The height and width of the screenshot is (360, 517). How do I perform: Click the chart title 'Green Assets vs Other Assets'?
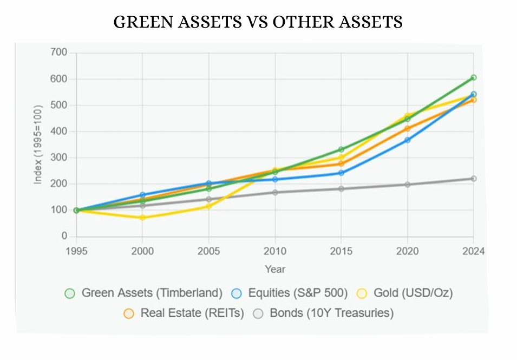point(258,22)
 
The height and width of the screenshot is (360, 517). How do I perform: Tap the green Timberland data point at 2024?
point(473,78)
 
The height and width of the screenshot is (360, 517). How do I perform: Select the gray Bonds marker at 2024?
point(473,179)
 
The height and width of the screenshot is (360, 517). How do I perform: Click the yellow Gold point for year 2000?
point(142,218)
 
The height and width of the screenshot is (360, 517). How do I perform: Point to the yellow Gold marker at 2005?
point(208,206)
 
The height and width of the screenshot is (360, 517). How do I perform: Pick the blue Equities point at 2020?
point(407,140)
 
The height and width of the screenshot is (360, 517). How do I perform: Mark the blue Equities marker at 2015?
point(341,173)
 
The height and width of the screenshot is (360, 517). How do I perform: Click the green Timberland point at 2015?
point(341,149)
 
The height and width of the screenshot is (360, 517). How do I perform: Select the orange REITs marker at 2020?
point(407,129)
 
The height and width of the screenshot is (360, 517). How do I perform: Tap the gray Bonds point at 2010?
point(275,192)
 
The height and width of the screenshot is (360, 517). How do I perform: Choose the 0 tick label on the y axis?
point(64,237)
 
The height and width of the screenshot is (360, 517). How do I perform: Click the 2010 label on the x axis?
point(275,251)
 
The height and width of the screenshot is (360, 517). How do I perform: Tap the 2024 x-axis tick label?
point(473,251)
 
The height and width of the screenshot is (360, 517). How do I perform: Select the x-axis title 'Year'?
point(275,269)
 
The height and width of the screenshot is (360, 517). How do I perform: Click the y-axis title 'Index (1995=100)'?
point(38,145)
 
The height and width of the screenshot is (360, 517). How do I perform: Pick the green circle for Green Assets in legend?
point(69,293)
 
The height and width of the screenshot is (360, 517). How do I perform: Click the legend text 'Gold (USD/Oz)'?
point(413,293)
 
